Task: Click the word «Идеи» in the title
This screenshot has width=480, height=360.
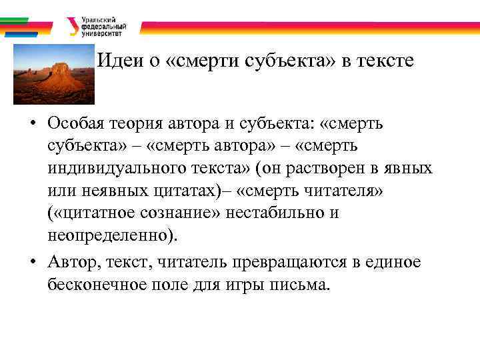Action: (x=117, y=61)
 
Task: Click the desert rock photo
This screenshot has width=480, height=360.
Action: (x=53, y=74)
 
